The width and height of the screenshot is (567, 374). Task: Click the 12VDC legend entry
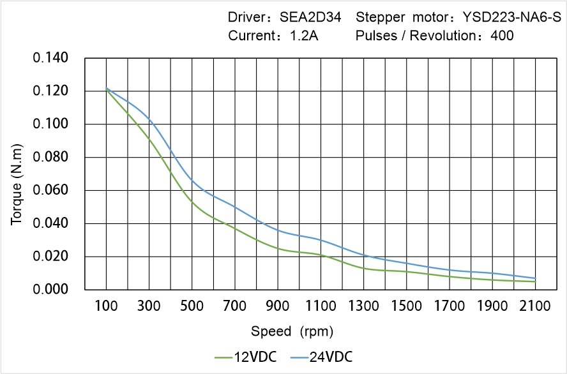point(246,357)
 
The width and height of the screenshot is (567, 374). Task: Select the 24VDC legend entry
point(321,357)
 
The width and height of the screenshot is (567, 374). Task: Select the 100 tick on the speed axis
point(106,306)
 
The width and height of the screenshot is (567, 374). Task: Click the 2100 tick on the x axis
point(535,306)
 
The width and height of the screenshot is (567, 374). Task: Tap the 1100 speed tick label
point(321,306)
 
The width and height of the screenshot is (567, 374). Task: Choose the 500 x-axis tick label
point(192,306)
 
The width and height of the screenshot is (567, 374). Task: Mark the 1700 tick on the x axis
point(450,306)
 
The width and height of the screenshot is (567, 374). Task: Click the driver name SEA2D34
point(314,17)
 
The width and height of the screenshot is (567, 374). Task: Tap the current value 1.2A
point(304,36)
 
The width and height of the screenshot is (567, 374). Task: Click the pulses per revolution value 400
point(502,36)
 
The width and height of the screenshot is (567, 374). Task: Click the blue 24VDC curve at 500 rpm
point(192,181)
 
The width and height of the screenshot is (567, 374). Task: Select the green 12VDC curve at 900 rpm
point(278,248)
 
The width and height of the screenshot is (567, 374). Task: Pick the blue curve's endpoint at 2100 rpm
point(535,278)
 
